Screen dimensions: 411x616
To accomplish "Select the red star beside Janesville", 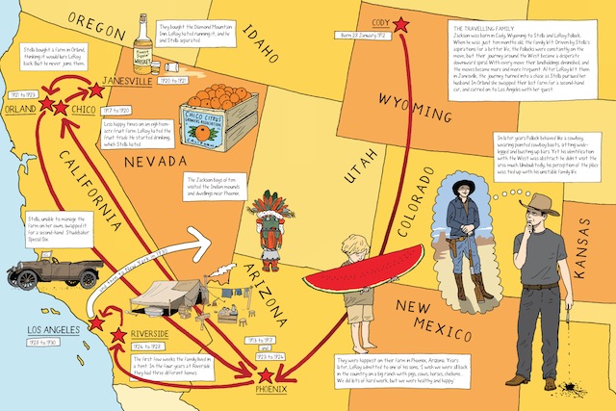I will tap(96, 90).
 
